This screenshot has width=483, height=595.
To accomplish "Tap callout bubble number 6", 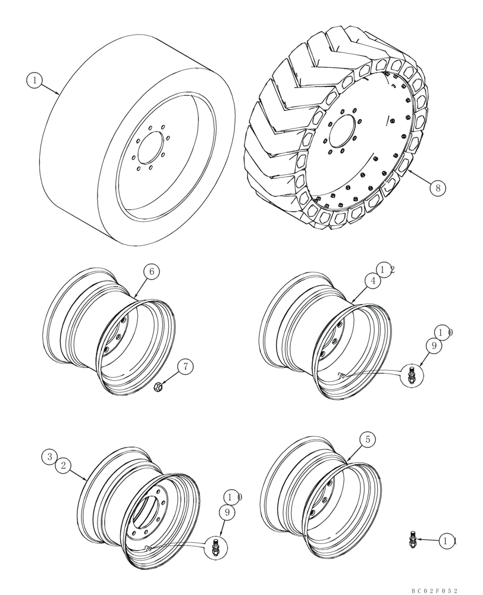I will (x=151, y=271).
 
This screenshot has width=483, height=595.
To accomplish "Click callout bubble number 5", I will (x=368, y=440).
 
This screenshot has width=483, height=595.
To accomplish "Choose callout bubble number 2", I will (x=64, y=465).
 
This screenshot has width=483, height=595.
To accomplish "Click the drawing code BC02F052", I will (x=435, y=590).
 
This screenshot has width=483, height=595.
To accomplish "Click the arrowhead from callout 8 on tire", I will (x=407, y=171).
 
